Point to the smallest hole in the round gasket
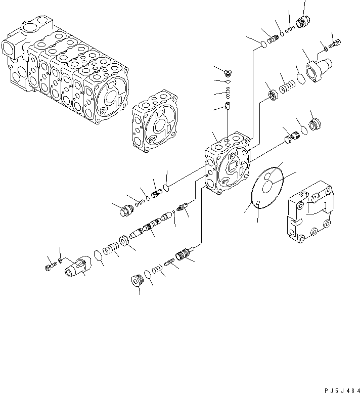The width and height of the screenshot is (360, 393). coord(257,203)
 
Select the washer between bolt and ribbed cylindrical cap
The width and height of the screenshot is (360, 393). coord(61,260)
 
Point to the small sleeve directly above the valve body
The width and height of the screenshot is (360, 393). coord(227,108)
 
